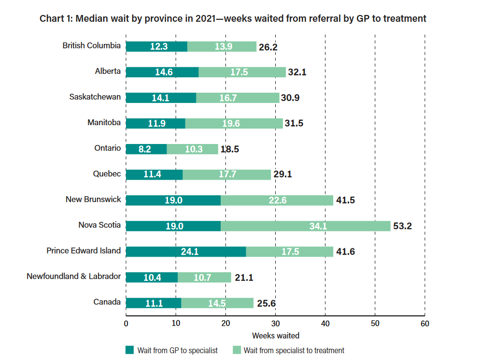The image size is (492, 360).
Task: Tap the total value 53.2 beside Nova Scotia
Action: coord(402,226)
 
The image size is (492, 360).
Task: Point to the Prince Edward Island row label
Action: coord(84,251)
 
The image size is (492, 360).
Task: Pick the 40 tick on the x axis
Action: coord(325,323)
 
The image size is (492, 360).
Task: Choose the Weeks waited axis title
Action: coord(275,335)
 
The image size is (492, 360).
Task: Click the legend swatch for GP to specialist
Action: coord(129,350)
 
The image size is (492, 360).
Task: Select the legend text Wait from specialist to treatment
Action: coord(294,350)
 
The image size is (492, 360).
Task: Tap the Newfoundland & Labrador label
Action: coord(74,276)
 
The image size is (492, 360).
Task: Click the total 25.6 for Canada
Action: coord(266,303)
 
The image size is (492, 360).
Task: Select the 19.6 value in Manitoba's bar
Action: coord(231,124)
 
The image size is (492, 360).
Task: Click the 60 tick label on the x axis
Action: coord(424,323)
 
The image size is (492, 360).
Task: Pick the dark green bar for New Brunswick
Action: coord(173,200)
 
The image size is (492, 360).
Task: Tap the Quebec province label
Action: coord(107,173)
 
